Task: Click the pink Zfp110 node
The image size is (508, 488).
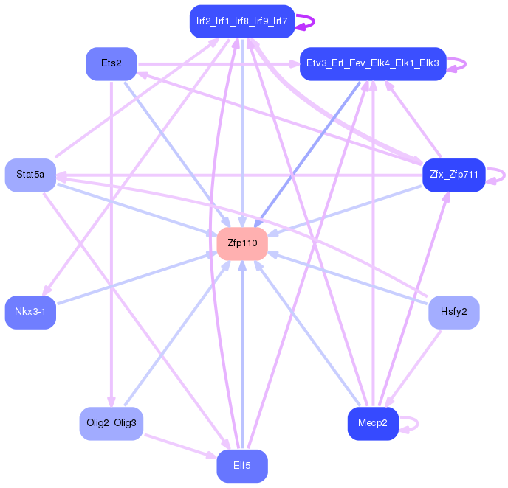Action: point(242,243)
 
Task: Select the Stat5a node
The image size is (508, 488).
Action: point(30,175)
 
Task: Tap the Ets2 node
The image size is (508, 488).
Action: point(111,63)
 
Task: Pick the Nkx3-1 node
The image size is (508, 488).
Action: point(30,313)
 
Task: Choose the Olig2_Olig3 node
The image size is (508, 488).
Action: point(111,424)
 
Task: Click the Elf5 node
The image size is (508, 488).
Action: point(242,466)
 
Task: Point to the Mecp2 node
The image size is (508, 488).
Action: point(373,424)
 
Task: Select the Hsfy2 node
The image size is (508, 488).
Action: point(454,313)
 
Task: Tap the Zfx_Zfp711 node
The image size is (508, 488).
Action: point(454,175)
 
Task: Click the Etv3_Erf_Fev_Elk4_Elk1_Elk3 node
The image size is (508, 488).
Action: point(373,63)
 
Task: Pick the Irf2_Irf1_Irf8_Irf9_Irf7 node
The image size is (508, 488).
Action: point(242,21)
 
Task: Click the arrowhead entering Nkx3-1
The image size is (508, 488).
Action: point(47,290)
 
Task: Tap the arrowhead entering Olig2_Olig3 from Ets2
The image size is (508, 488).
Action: point(111,401)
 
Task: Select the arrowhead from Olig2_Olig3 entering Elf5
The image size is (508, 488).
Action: point(212,456)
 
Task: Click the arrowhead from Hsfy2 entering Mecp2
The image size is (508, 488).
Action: point(389,401)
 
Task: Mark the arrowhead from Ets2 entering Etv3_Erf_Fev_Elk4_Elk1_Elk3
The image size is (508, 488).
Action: point(294,63)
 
